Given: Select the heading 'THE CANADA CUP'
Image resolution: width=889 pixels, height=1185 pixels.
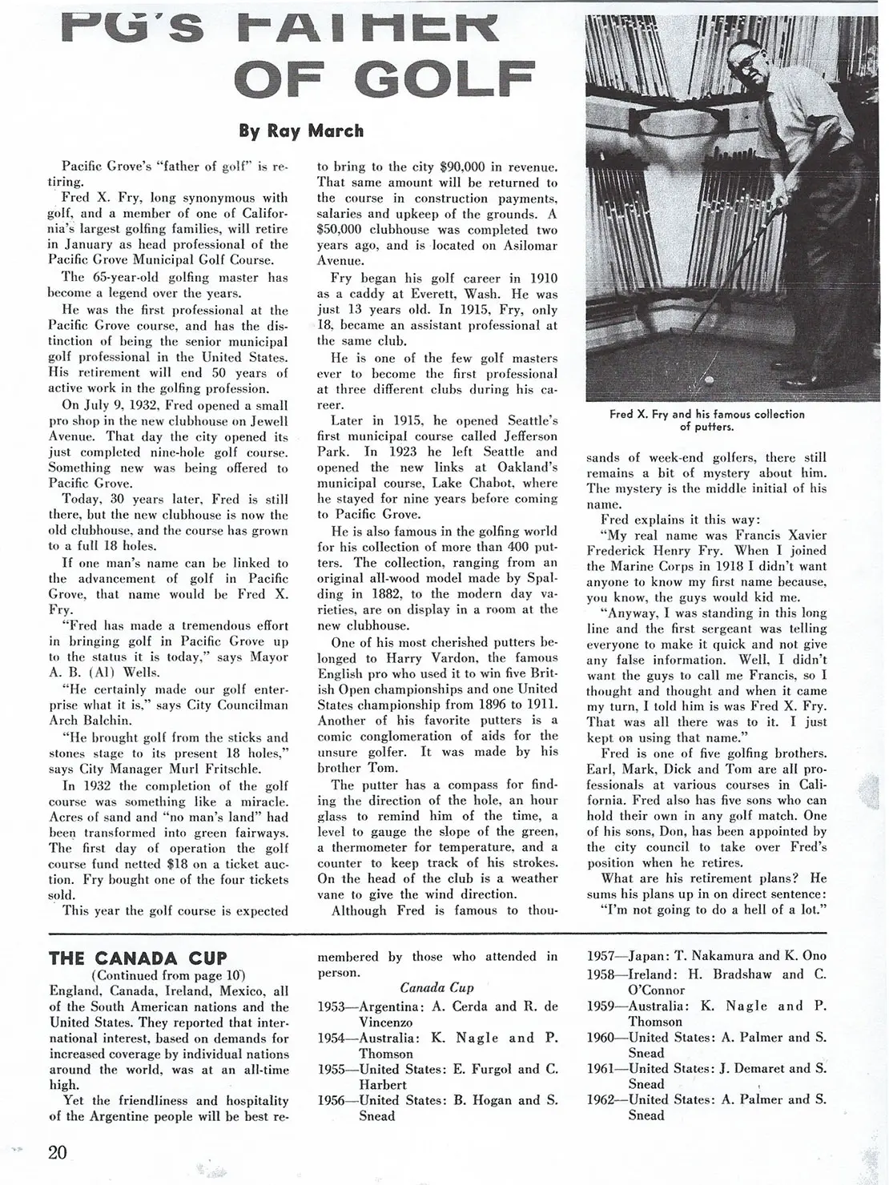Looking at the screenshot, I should point(138,958).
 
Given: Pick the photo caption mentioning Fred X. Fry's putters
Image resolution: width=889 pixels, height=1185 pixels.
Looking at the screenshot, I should point(706,420).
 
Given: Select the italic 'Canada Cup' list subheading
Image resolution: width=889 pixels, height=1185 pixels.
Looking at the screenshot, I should point(436,988).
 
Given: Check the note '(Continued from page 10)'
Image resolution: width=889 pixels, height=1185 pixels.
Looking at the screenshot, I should point(168,974).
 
